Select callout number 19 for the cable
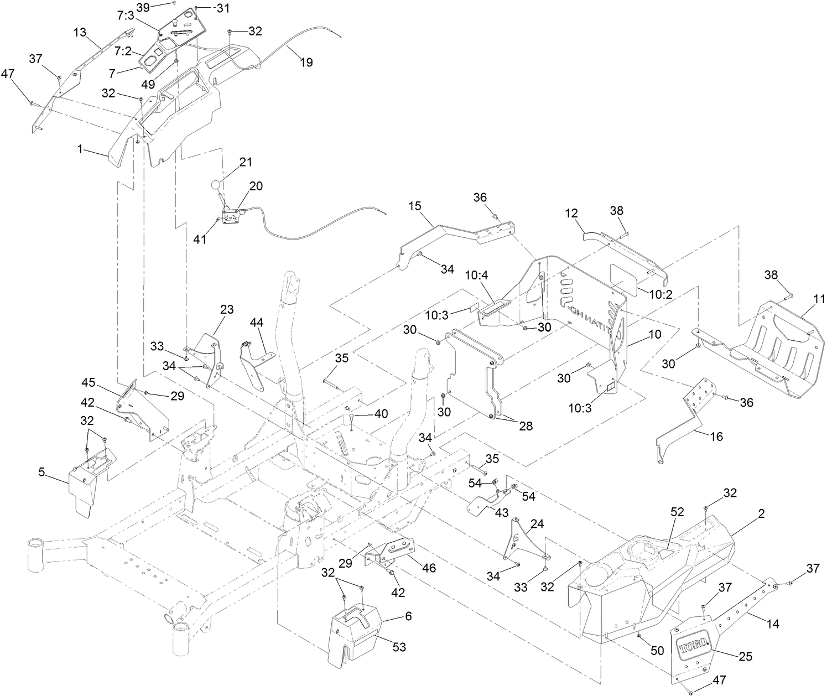click(305, 63)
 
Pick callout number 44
click(257, 322)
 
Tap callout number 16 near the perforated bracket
click(715, 437)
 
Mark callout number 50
click(657, 651)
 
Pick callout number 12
click(572, 212)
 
